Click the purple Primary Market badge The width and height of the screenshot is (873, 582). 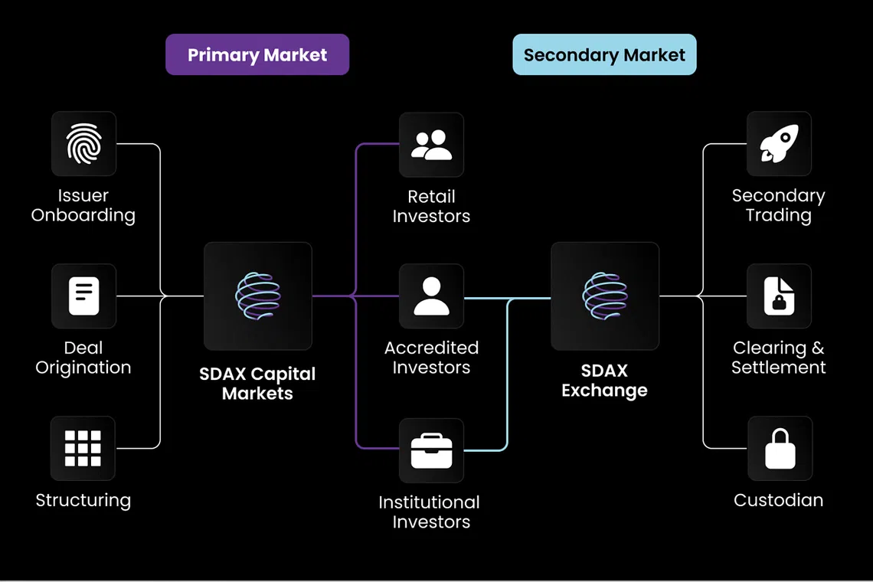point(257,55)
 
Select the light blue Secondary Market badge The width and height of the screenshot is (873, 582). point(604,55)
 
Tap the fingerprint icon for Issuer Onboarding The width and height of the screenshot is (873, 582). point(83,144)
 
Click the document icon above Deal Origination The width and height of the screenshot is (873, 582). point(83,296)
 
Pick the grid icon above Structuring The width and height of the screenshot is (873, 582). point(83,448)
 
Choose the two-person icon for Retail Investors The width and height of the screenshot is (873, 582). point(431,145)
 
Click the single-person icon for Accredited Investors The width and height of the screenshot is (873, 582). point(431,296)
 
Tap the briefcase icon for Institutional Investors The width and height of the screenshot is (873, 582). point(431,450)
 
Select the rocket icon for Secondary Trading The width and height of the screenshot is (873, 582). point(779,144)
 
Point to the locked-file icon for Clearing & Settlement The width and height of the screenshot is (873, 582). point(779,296)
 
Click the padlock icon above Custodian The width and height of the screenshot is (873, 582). point(780,449)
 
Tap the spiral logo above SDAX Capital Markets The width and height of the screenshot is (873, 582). point(257,296)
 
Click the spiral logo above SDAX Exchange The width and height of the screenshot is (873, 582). point(604,296)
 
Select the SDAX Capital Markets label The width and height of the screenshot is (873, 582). point(257,384)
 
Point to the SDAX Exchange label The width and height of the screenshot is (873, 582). point(604,381)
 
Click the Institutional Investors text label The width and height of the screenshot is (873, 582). point(430,512)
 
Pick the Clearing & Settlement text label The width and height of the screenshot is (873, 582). point(779,358)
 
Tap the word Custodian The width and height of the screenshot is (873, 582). point(779,500)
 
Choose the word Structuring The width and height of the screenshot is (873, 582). point(83,500)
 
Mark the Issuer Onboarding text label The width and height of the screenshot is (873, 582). point(83,205)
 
